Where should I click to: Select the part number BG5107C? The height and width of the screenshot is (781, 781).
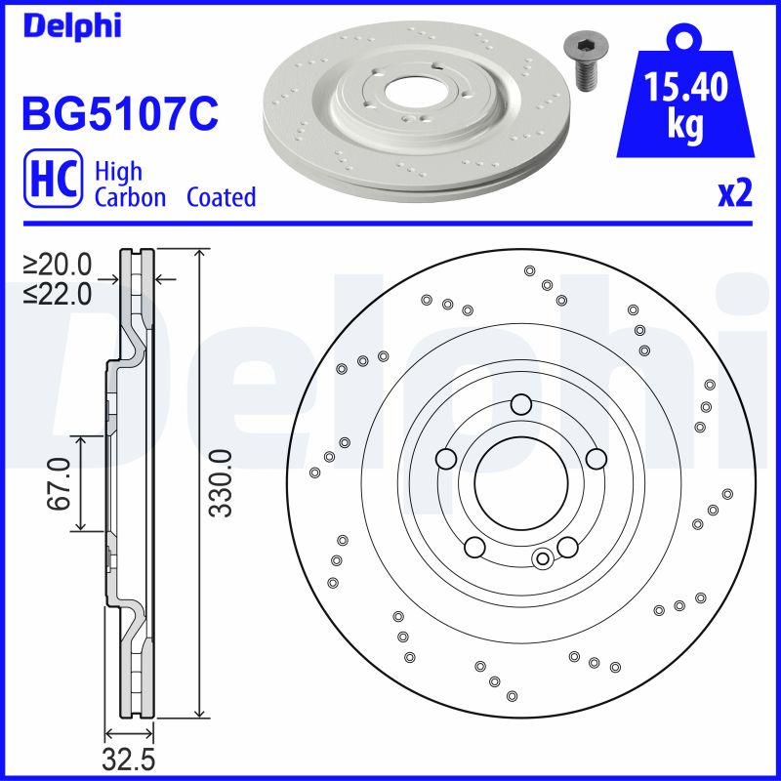click(118, 114)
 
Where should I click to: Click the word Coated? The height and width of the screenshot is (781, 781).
click(221, 197)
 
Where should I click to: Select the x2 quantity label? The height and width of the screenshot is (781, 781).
click(735, 194)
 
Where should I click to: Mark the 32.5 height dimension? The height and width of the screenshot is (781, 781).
click(129, 757)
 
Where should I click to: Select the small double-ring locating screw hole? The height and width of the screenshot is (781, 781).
click(544, 558)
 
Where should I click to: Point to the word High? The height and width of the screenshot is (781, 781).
click(118, 172)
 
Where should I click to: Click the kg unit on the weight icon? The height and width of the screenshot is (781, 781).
click(685, 127)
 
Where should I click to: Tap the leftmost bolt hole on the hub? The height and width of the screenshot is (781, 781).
click(446, 459)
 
